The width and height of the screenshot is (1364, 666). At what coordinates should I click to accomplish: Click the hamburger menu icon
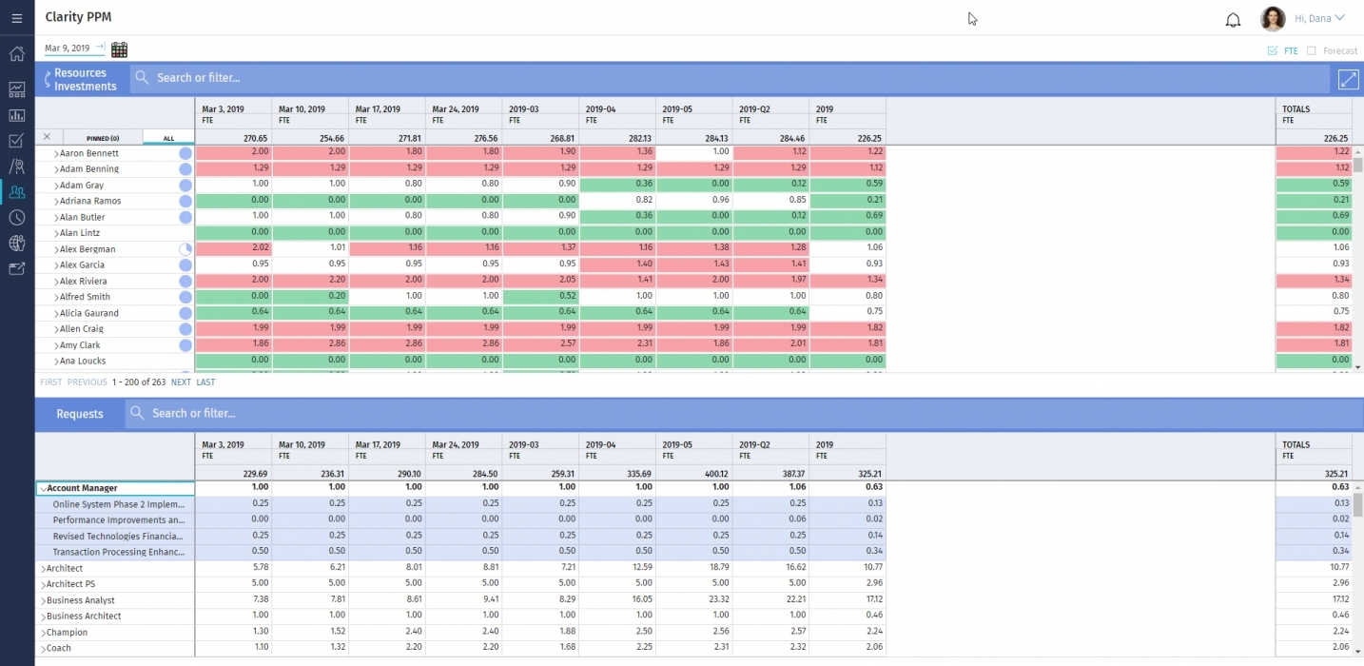click(16, 18)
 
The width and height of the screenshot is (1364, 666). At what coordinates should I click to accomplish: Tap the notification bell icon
click(1233, 20)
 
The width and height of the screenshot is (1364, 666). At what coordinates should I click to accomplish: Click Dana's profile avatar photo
click(1273, 19)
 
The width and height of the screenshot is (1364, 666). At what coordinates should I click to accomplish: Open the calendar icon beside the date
click(119, 49)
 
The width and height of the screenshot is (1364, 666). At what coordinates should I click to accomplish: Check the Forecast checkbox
click(1312, 51)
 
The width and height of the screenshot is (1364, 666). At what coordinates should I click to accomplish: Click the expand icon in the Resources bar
click(1347, 80)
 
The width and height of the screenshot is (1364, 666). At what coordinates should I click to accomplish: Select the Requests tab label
click(80, 414)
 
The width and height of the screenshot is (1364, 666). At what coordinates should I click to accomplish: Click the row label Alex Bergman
click(88, 249)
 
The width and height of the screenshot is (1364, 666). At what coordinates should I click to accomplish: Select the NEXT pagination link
click(181, 382)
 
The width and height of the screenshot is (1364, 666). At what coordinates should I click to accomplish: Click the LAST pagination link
click(205, 382)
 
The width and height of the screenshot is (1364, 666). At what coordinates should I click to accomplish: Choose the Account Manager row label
click(82, 488)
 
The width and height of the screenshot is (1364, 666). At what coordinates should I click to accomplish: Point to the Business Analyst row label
click(81, 600)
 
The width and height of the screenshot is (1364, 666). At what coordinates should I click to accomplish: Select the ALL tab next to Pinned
click(168, 138)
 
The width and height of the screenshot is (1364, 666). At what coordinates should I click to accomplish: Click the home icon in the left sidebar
click(16, 54)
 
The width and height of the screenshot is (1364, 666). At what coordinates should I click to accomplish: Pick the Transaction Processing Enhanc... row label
click(118, 552)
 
